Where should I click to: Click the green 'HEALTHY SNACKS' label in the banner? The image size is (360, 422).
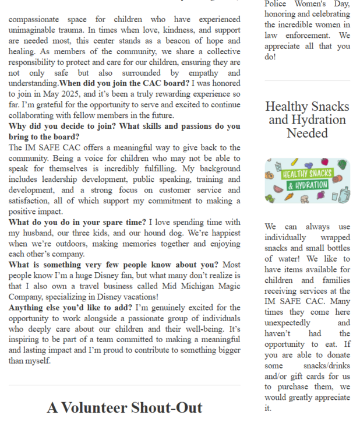pos(306,174)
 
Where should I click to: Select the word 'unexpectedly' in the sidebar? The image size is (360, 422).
pos(288,322)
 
